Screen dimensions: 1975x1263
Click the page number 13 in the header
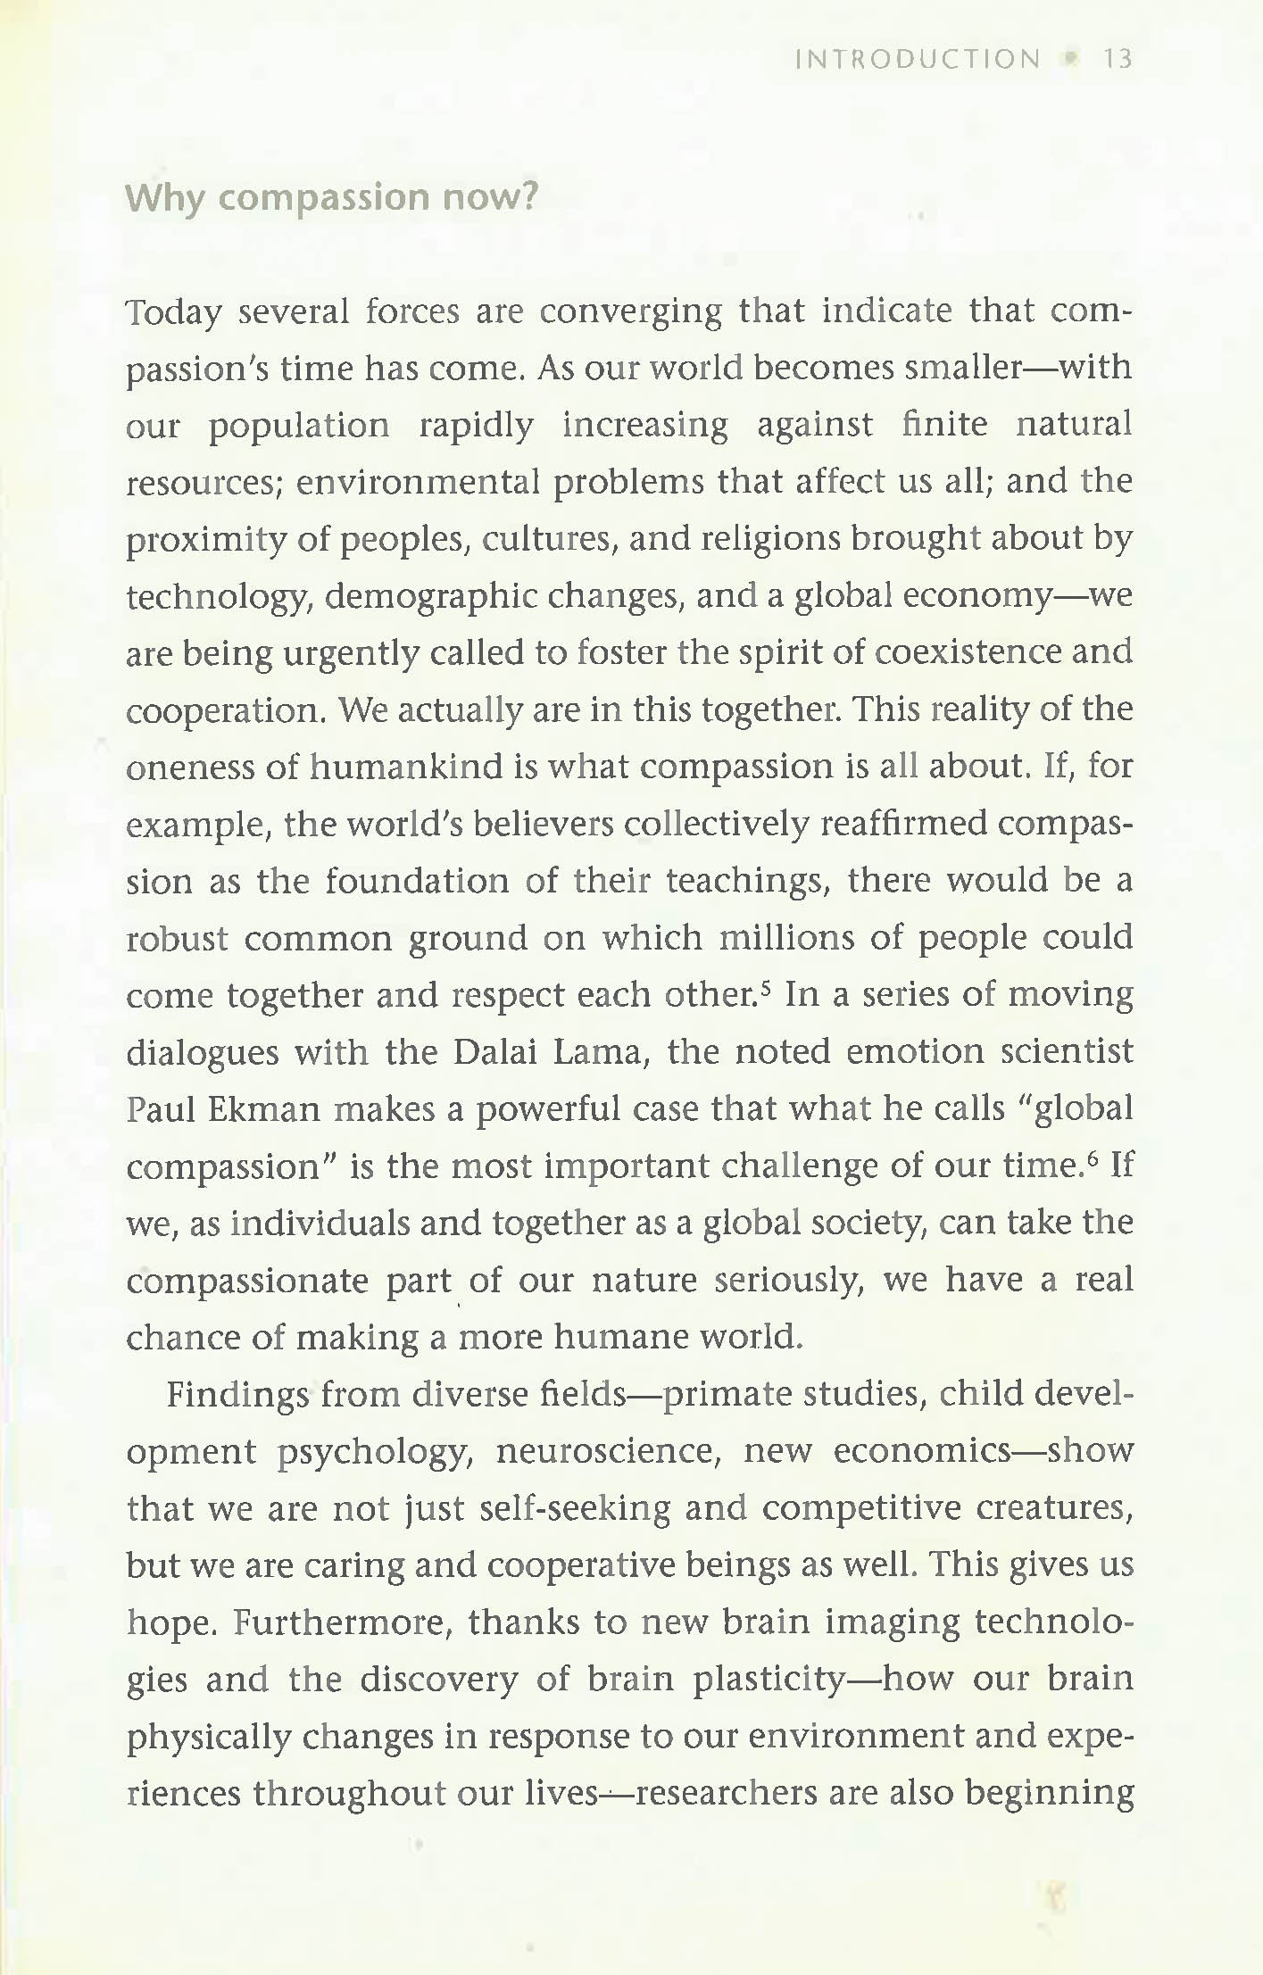(1118, 60)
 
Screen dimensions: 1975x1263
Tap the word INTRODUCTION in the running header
(918, 60)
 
